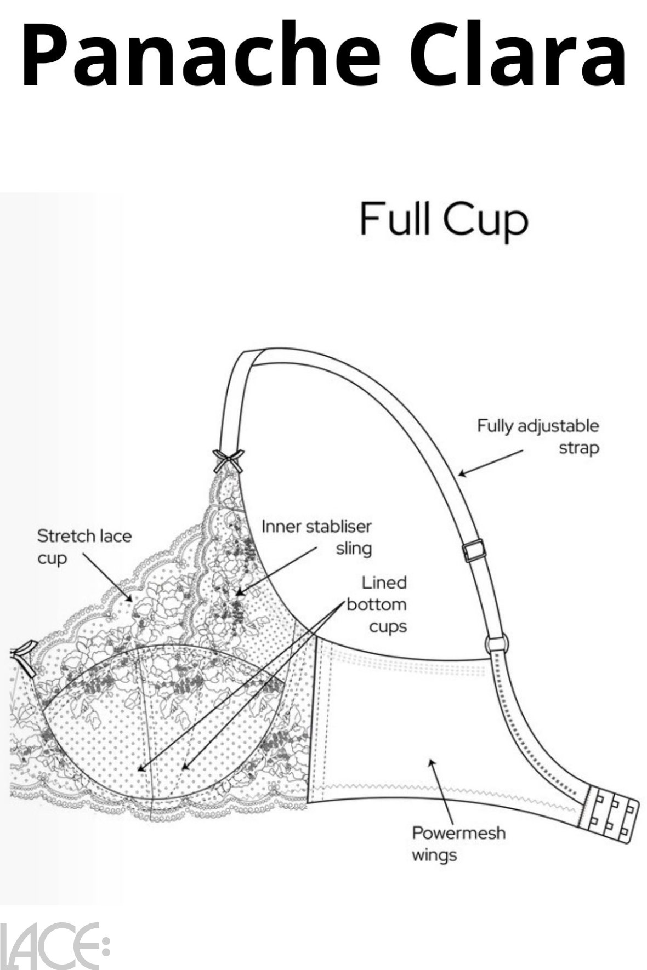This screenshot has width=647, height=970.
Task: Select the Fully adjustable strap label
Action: (x=537, y=436)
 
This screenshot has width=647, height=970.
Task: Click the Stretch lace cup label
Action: (x=84, y=546)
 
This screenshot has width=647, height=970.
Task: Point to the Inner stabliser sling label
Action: (x=316, y=537)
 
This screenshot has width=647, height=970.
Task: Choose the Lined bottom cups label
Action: (x=377, y=604)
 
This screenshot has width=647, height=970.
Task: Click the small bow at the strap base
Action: (x=228, y=460)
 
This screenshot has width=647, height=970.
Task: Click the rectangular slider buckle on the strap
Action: (x=474, y=550)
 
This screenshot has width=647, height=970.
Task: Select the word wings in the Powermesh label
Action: (x=434, y=854)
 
